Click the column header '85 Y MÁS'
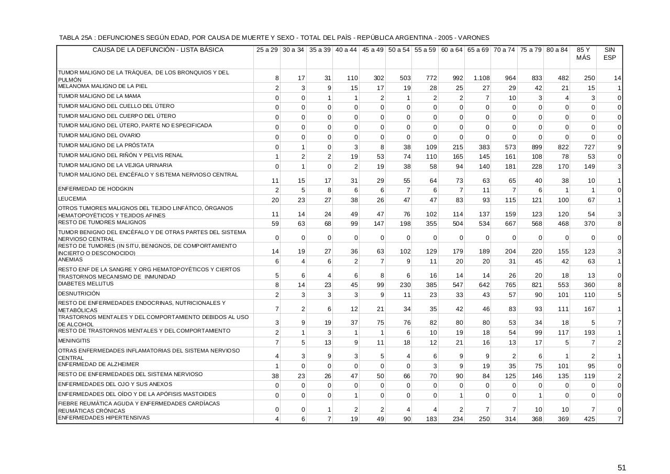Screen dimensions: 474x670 tap(583, 53)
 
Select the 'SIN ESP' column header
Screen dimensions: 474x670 tap(609, 53)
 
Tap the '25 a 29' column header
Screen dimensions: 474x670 tap(267, 50)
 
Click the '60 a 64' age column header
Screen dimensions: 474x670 tap(452, 50)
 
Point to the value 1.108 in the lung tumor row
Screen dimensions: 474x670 tap(481, 78)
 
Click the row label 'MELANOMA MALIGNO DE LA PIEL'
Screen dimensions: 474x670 tap(103, 86)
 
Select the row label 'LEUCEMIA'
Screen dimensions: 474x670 tap(72, 199)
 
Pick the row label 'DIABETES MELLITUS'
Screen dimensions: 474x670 tap(85, 284)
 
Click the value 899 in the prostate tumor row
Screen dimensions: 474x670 tap(537, 147)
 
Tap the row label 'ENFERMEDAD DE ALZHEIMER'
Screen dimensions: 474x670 tap(98, 365)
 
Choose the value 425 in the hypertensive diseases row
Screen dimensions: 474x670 tap(589, 419)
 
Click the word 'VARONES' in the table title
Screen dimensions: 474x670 tap(473, 38)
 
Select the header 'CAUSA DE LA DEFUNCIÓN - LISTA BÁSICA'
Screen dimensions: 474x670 tap(158, 50)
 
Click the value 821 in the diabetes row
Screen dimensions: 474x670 tap(537, 285)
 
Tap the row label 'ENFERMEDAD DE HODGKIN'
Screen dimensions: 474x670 tap(95, 189)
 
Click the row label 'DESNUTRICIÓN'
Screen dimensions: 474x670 tap(79, 294)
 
